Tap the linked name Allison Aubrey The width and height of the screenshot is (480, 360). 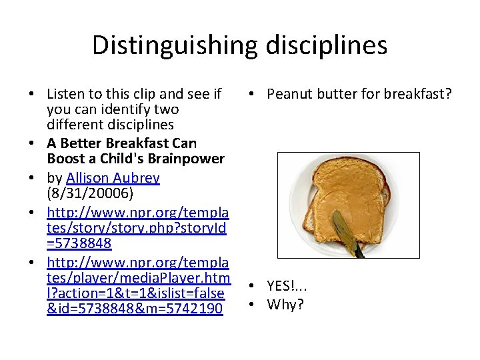(x=113, y=178)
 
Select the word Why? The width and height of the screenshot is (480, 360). (x=285, y=305)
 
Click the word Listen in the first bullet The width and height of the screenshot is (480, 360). (x=65, y=94)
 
